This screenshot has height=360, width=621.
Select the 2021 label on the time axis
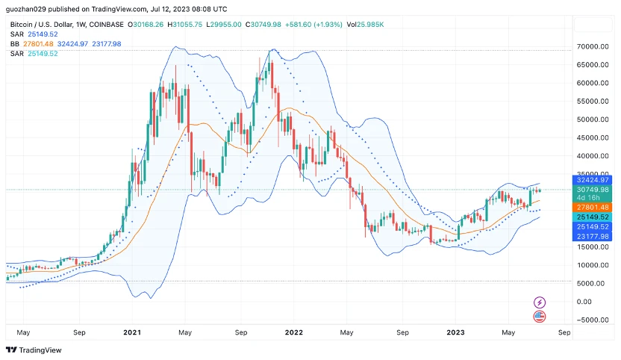(x=132, y=332)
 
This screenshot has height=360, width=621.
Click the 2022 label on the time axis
(x=293, y=332)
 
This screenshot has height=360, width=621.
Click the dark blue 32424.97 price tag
(x=593, y=180)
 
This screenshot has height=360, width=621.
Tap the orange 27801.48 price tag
(x=593, y=207)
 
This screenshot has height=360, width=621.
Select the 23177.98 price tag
(x=593, y=236)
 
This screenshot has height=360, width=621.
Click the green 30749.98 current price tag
(x=593, y=190)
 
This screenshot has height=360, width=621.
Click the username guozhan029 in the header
(x=26, y=10)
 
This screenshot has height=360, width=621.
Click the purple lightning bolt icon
(x=540, y=302)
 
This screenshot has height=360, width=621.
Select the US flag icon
(x=540, y=317)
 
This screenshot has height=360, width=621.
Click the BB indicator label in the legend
(x=15, y=44)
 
